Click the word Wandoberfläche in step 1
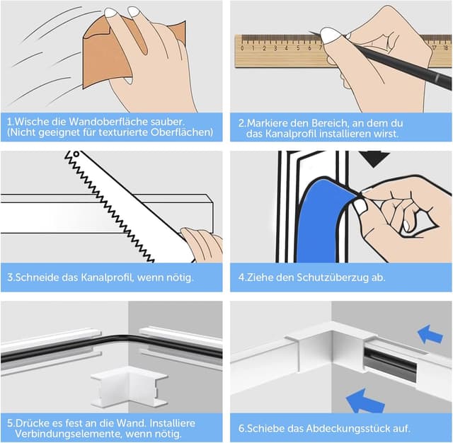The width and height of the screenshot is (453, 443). (108, 121)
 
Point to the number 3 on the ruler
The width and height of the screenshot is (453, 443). (275, 48)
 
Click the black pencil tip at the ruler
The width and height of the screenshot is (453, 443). (310, 32)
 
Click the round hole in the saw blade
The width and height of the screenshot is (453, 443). (76, 154)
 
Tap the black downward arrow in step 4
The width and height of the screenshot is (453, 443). (374, 159)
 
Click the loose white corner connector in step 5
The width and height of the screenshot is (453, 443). (129, 387)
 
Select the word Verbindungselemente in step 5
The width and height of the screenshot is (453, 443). (69, 434)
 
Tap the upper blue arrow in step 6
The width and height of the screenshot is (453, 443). (430, 335)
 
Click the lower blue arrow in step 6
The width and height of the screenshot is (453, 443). (365, 401)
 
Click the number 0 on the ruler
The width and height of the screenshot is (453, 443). (242, 48)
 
